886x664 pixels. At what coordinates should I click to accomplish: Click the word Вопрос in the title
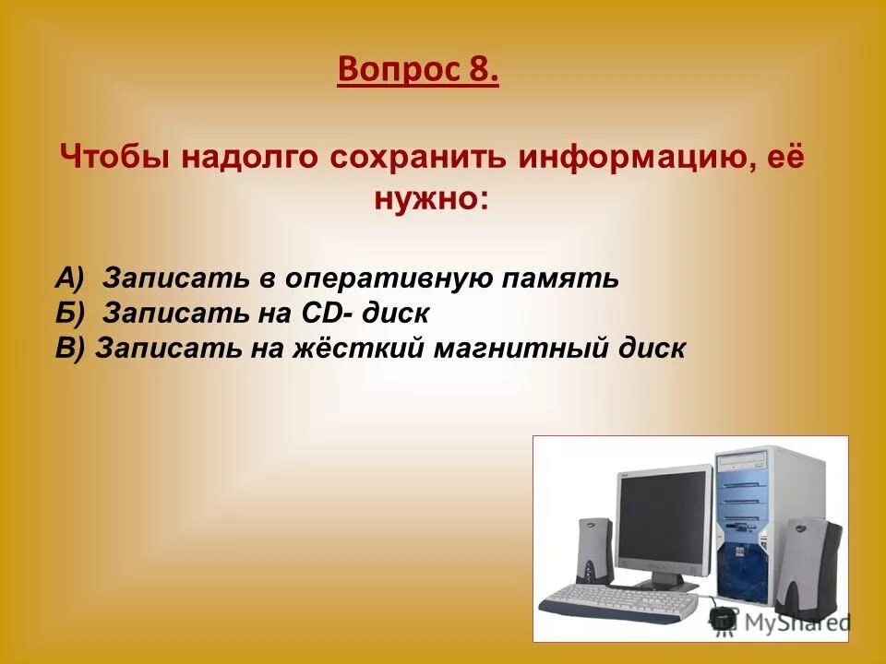click(x=392, y=68)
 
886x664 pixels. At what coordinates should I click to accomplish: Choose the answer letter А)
click(x=69, y=278)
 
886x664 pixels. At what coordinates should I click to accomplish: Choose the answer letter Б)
click(x=69, y=313)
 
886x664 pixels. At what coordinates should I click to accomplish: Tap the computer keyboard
click(x=621, y=600)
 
